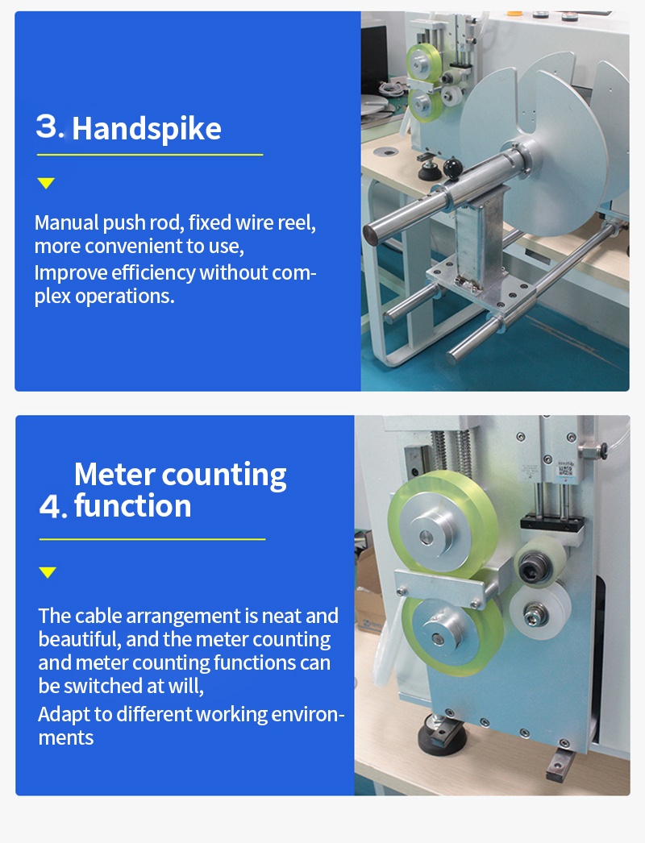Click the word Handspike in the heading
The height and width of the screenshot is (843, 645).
click(146, 128)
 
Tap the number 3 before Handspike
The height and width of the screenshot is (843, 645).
click(48, 127)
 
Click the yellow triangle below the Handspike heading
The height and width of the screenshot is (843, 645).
click(46, 183)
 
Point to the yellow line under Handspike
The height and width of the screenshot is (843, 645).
click(150, 155)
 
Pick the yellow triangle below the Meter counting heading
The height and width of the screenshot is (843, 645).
click(48, 572)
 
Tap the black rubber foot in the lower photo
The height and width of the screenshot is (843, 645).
click(442, 736)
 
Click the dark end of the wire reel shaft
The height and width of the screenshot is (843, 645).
click(370, 235)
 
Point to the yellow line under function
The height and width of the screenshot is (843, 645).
click(152, 538)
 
